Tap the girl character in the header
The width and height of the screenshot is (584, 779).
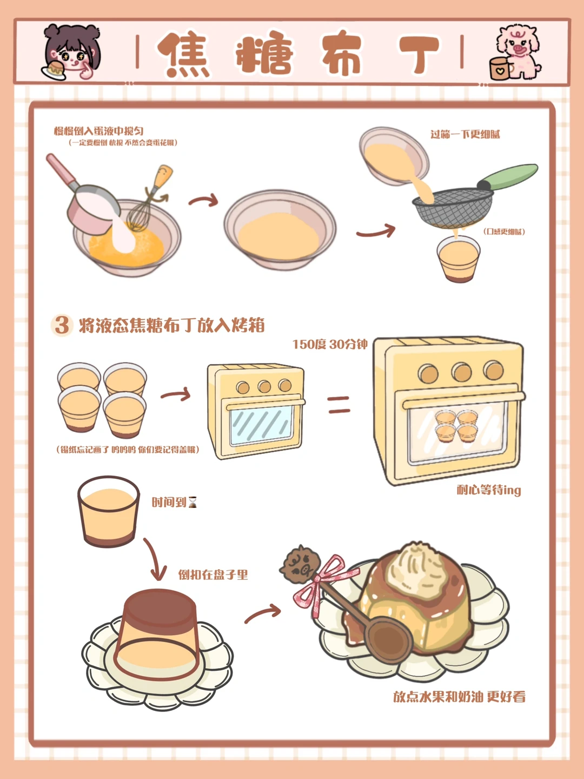click(x=71, y=52)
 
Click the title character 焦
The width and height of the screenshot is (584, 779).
click(x=184, y=54)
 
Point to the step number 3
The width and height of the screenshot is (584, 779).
click(x=62, y=325)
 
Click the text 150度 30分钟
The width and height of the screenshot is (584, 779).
click(x=330, y=344)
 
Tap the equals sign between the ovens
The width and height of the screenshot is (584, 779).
click(x=339, y=405)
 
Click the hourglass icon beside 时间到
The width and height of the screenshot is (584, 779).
click(x=193, y=502)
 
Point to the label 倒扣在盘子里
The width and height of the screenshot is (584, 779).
click(x=213, y=575)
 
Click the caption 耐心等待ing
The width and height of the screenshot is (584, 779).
click(x=489, y=490)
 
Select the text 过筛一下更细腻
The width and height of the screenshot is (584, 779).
click(x=465, y=134)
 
